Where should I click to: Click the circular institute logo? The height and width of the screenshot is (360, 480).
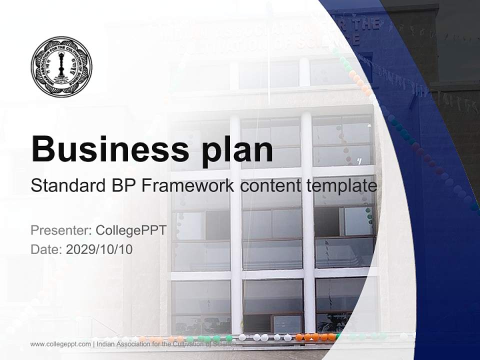click(61, 66)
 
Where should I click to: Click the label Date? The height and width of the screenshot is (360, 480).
click(46, 249)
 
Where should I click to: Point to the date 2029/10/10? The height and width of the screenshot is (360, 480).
click(99, 249)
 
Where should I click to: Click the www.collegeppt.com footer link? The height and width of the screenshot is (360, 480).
click(60, 344)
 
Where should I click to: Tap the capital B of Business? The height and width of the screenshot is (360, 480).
click(42, 148)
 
